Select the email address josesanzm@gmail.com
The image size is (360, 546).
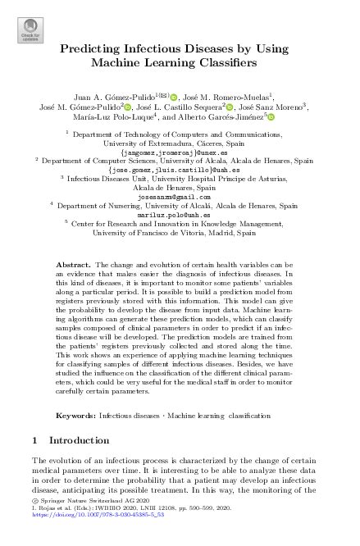(x=179, y=196)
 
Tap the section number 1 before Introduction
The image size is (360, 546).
(x=34, y=441)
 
